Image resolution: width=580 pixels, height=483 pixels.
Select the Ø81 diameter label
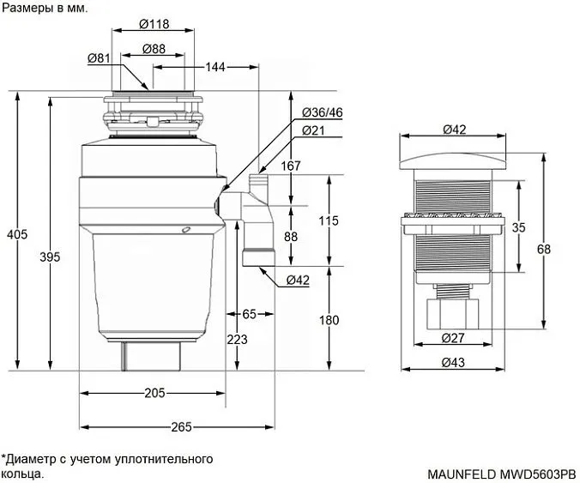coord(98,58)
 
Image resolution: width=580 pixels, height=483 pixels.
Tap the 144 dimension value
coord(215,66)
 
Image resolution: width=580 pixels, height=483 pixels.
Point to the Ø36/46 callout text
coord(323,113)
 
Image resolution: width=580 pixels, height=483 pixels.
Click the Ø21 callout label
coord(313,130)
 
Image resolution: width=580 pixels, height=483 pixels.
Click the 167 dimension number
coord(292,166)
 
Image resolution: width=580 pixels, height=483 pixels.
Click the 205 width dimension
coord(154,393)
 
